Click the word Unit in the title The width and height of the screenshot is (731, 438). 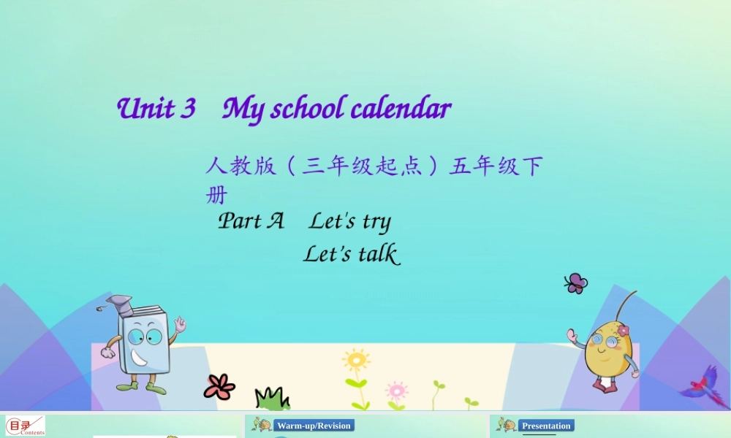click(x=145, y=109)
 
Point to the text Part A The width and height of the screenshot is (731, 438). click(x=251, y=220)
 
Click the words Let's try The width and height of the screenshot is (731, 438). click(x=349, y=221)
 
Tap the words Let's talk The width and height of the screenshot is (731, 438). click(x=351, y=254)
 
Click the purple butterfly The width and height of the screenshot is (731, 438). click(x=575, y=283)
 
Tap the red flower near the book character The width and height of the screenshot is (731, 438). click(x=219, y=386)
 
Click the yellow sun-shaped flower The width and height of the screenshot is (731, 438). click(x=356, y=361)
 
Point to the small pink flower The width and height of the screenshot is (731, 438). click(x=396, y=390)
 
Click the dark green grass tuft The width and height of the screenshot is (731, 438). click(x=272, y=399)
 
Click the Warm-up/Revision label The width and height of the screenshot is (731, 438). click(x=314, y=426)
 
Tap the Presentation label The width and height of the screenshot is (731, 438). click(x=546, y=426)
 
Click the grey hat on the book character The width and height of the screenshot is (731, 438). click(x=120, y=303)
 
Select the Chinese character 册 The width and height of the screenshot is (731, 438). click(x=216, y=196)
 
